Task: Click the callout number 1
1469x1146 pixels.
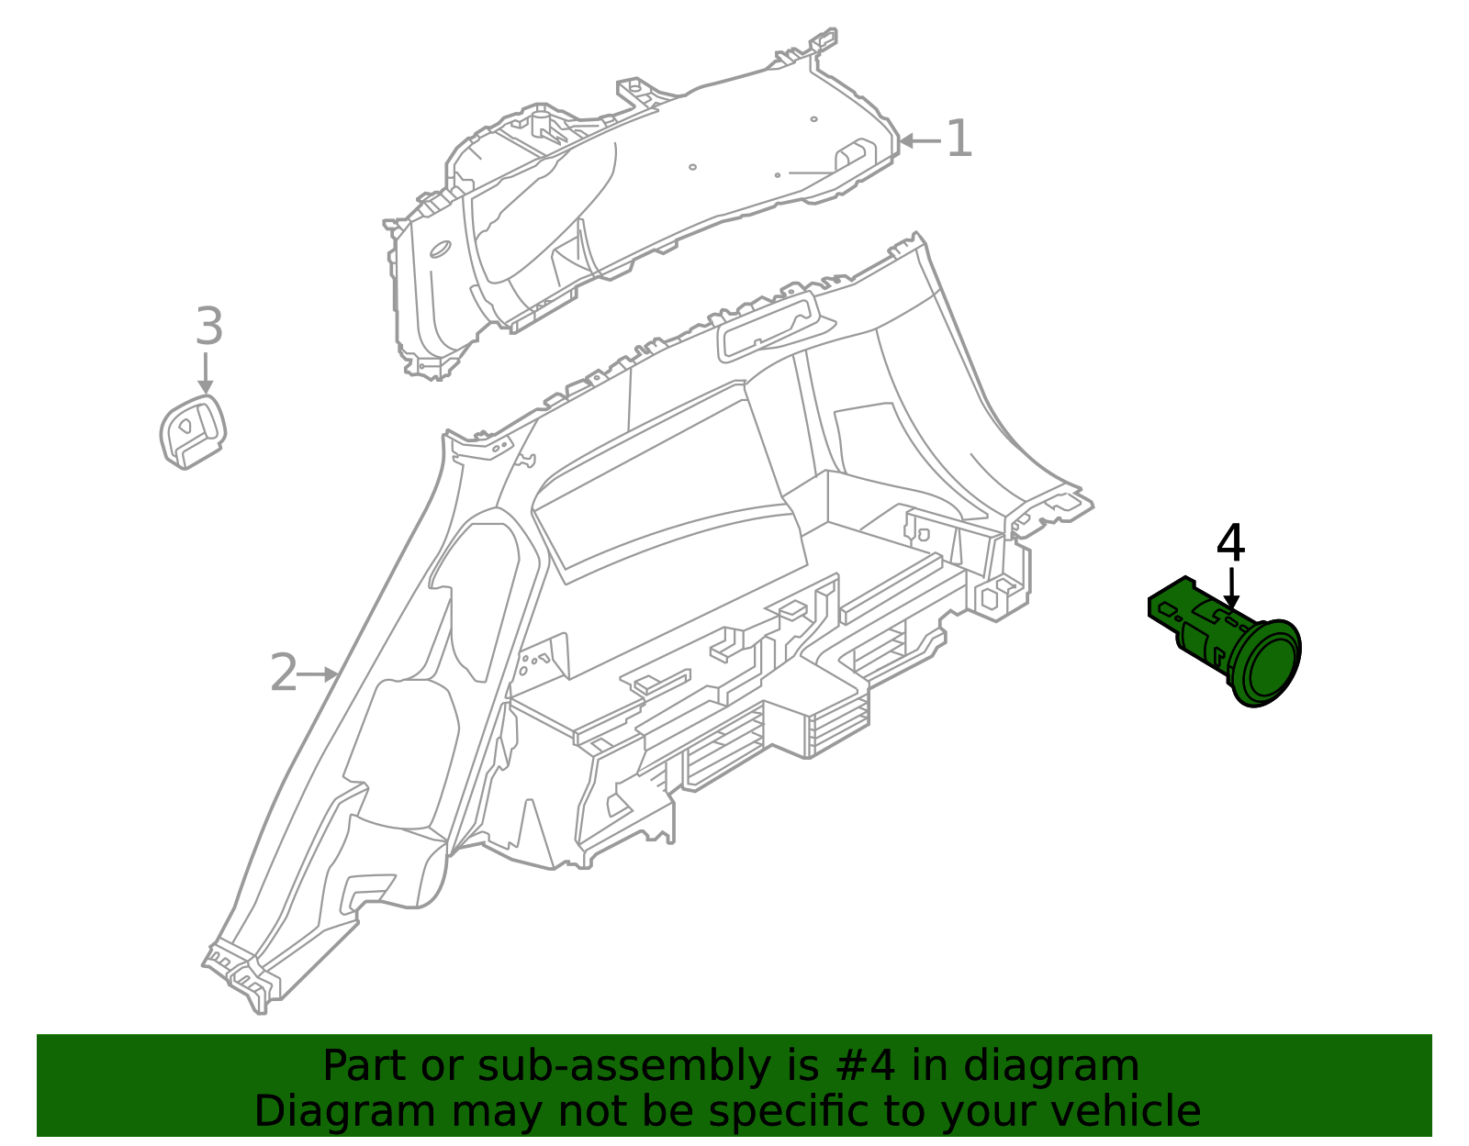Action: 959,139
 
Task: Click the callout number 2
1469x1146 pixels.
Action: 284,673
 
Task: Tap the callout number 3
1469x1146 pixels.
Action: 209,327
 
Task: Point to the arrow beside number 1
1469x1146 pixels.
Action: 920,140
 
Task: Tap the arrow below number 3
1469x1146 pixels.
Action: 207,373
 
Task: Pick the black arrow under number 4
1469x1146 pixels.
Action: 1231,587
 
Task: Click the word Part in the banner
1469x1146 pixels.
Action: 364,1066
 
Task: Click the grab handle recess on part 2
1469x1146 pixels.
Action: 767,326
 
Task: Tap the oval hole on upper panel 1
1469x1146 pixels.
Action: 439,249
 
